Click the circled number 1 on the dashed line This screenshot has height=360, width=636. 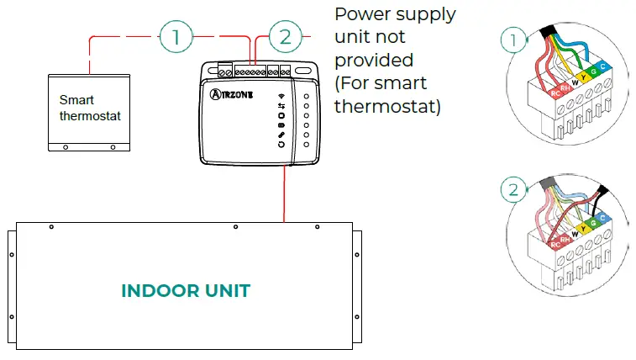176,36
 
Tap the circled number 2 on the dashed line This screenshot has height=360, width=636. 285,36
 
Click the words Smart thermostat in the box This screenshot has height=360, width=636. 90,109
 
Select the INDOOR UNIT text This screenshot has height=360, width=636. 186,291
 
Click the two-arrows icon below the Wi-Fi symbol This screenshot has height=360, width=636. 281,106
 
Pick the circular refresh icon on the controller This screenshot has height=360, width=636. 281,145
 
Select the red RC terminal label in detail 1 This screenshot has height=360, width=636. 555,94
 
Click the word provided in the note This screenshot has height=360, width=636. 374,61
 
